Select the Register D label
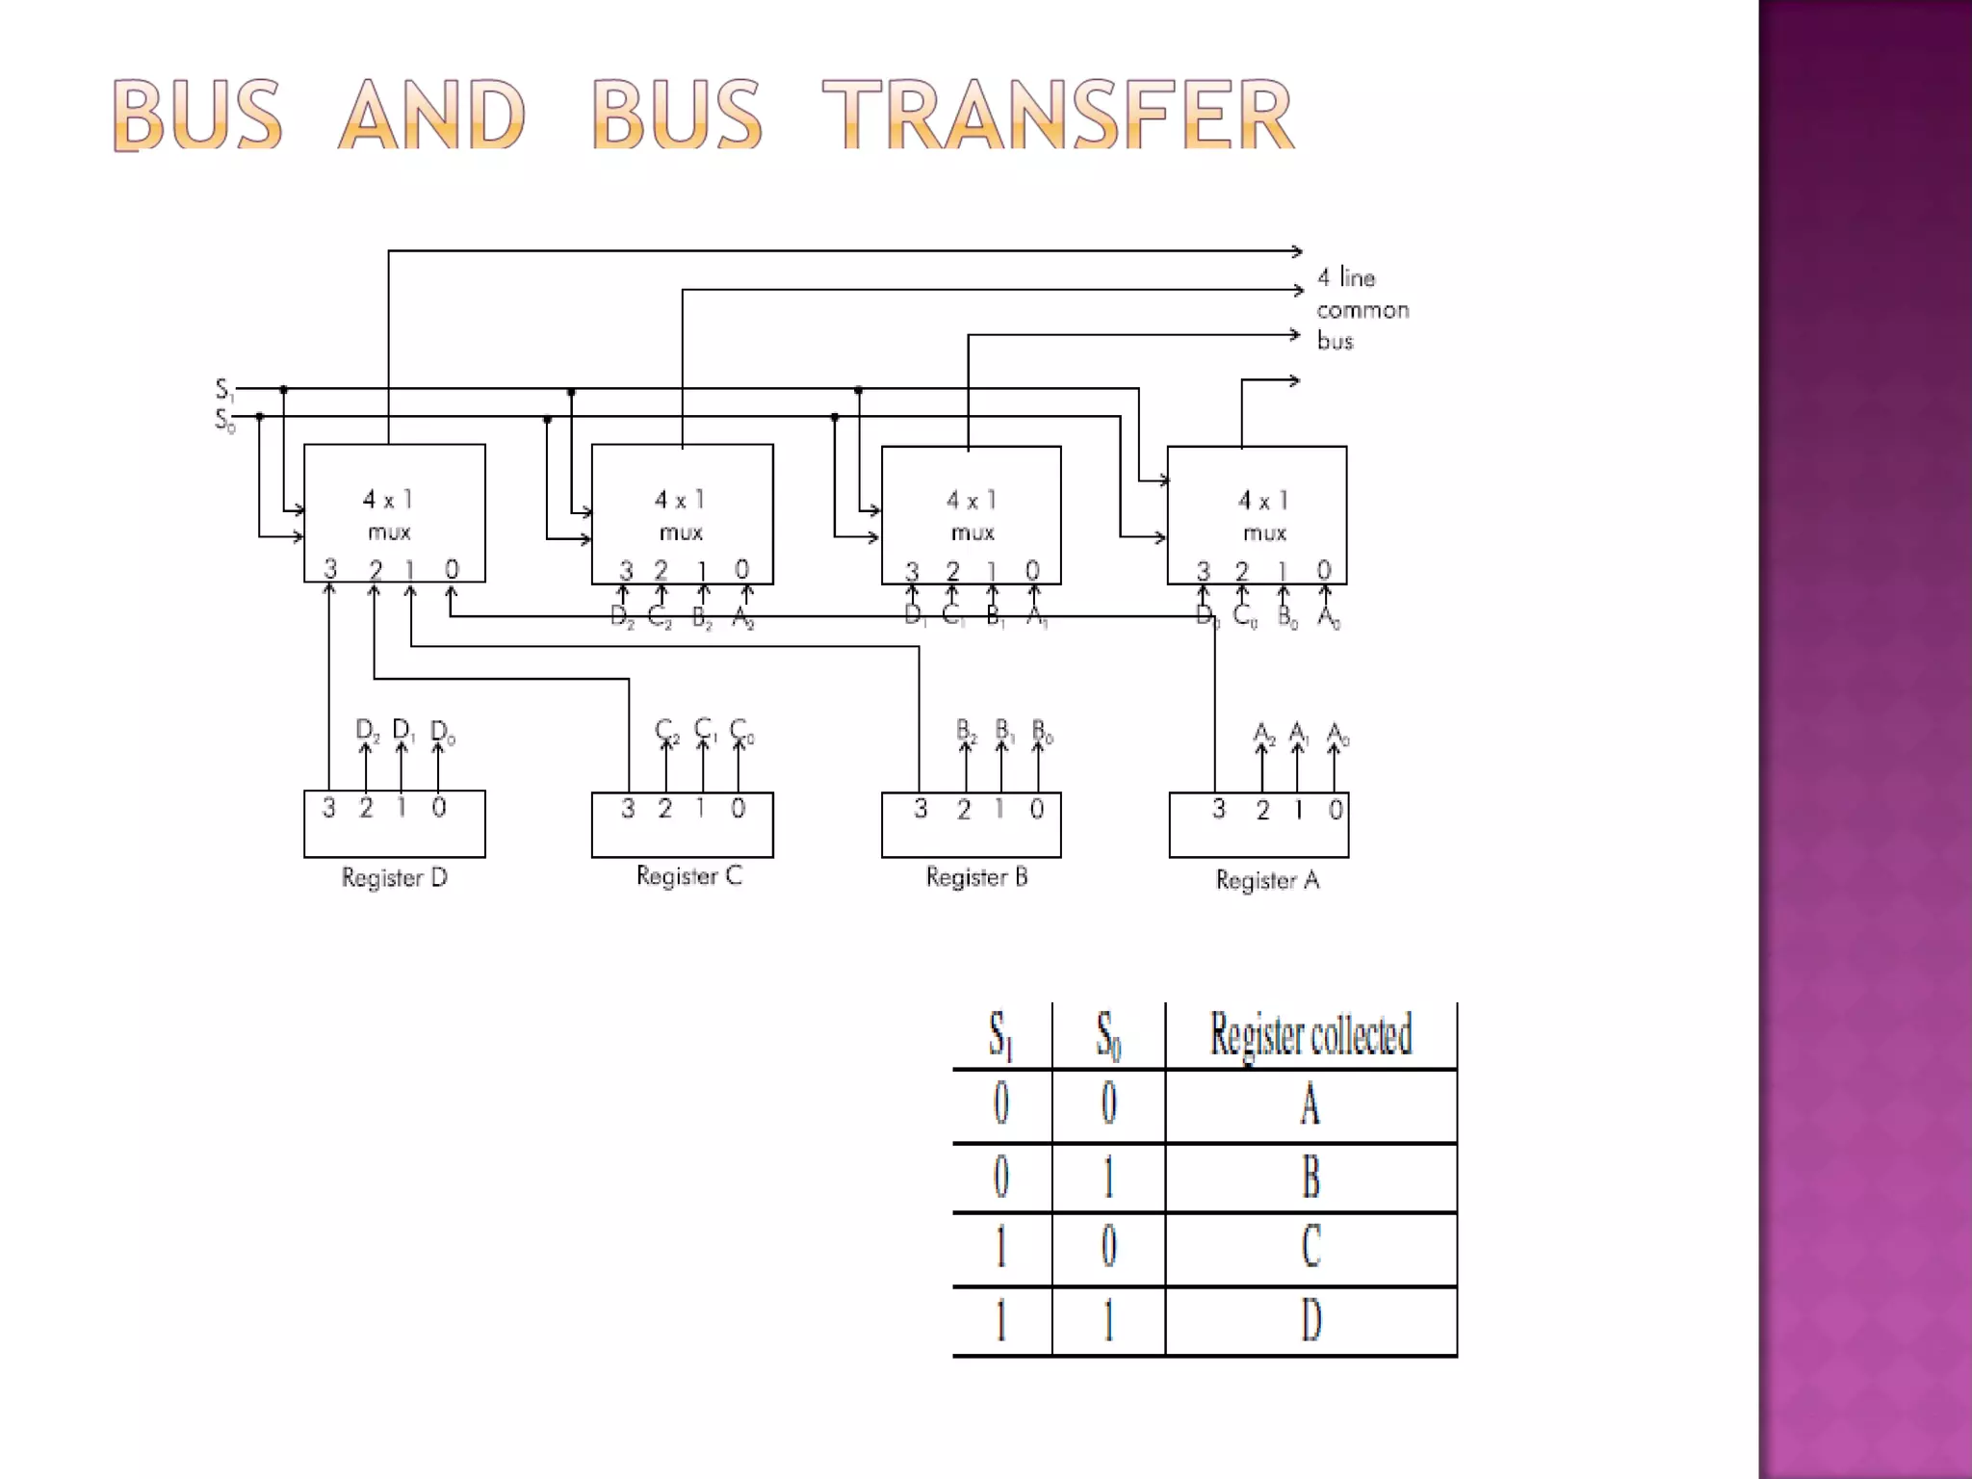(x=394, y=878)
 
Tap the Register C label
(x=688, y=876)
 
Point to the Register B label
(x=976, y=877)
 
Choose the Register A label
(x=1267, y=880)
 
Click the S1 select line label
(x=223, y=390)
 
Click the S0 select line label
(x=223, y=420)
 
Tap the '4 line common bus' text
(x=1362, y=309)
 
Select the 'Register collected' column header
(x=1310, y=1035)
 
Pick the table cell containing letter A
(x=1310, y=1104)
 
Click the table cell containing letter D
(x=1310, y=1320)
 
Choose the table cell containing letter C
(x=1310, y=1247)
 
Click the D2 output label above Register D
(x=367, y=730)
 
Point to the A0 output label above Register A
(x=1337, y=736)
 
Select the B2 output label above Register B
(x=966, y=731)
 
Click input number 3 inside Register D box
(x=328, y=807)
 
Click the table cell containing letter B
(x=1310, y=1177)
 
